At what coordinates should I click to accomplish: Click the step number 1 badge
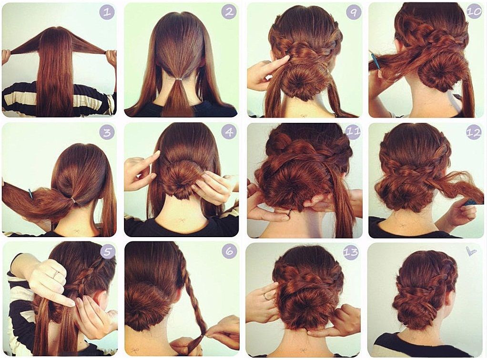click(107, 12)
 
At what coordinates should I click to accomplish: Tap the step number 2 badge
click(229, 12)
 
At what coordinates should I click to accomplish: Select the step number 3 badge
click(107, 132)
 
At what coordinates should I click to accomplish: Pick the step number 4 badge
click(229, 132)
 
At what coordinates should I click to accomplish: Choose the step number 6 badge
click(230, 251)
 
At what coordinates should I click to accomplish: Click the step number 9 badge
click(354, 12)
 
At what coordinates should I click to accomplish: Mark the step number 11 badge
click(353, 132)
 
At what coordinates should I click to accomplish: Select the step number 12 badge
click(474, 132)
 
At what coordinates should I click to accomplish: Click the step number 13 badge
click(351, 252)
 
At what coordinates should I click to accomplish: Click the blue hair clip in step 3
click(30, 193)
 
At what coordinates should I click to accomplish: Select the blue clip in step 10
click(375, 61)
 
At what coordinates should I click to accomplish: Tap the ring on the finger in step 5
click(55, 274)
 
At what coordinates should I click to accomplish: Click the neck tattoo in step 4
click(182, 221)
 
